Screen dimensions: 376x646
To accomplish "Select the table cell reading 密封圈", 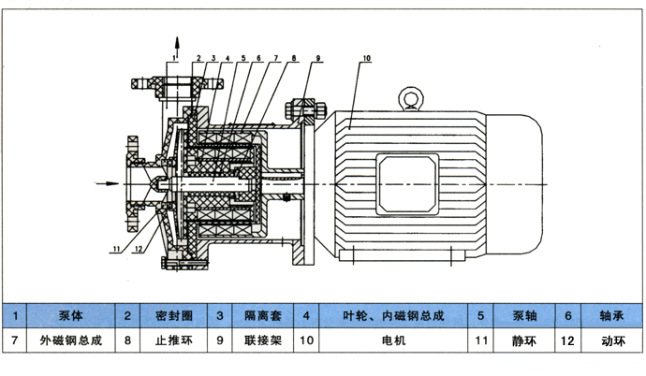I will point(169,316).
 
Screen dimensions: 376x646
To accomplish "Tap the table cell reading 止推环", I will point(169,343).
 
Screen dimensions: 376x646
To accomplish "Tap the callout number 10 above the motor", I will point(366,59).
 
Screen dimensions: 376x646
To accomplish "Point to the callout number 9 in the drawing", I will point(318,59).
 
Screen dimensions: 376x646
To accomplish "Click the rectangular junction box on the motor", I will point(407,181).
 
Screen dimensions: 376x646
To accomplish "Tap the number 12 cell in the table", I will point(567,343).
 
